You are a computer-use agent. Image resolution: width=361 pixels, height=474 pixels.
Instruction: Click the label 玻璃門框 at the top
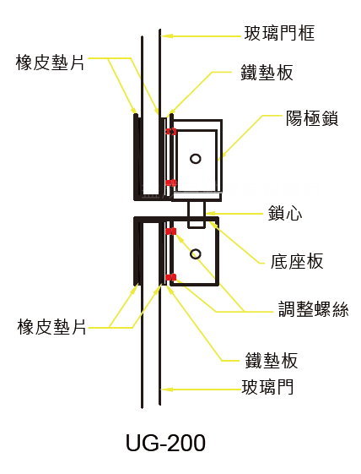click(279, 33)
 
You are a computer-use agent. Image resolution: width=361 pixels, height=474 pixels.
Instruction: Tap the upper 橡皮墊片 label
click(51, 63)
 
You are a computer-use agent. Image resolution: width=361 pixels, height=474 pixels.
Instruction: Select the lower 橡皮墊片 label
click(52, 326)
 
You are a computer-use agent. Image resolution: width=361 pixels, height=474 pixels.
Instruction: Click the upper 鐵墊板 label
click(267, 73)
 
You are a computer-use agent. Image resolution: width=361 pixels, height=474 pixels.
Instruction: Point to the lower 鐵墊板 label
click(272, 360)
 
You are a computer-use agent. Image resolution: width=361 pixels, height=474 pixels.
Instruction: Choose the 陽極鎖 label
click(312, 118)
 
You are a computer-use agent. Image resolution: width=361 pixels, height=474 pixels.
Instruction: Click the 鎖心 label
click(285, 213)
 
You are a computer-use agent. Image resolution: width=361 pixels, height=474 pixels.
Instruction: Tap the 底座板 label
click(297, 261)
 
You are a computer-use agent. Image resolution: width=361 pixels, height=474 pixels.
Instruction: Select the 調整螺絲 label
click(313, 308)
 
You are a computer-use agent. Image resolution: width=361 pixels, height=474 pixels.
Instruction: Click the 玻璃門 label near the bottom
click(267, 387)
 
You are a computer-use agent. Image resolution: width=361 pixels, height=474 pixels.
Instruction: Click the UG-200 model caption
click(165, 443)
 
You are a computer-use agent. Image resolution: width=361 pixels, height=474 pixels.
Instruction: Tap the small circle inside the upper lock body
click(196, 159)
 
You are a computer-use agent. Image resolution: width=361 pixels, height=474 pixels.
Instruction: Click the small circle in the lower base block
click(196, 254)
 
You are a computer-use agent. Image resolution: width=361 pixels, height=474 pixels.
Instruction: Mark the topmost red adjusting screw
click(171, 132)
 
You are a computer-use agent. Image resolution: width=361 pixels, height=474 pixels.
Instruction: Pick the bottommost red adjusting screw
click(171, 277)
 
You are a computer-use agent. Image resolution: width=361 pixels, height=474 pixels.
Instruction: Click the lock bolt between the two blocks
click(197, 215)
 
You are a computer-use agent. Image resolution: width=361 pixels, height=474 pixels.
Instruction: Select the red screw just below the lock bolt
click(171, 232)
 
